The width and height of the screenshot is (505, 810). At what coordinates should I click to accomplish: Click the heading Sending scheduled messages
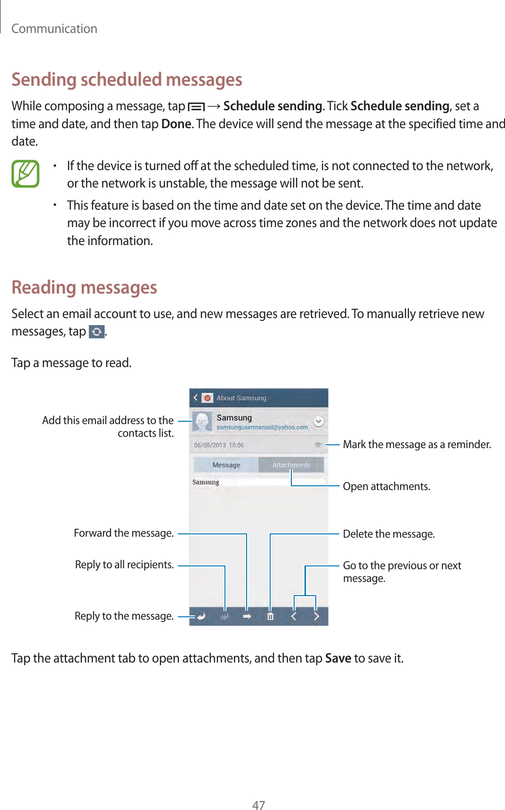[x=127, y=80]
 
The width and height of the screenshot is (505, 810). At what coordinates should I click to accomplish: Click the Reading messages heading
[x=84, y=287]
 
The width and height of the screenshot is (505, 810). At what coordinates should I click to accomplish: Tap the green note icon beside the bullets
[x=25, y=174]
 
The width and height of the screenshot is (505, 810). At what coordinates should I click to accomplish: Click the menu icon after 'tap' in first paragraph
[x=196, y=107]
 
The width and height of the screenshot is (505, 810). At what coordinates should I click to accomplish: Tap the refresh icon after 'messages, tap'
[x=96, y=332]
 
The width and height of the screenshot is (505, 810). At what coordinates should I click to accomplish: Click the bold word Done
[x=176, y=124]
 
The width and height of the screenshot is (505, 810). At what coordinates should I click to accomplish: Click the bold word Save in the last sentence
[x=338, y=658]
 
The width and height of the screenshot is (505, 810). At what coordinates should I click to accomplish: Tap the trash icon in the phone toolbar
[x=270, y=616]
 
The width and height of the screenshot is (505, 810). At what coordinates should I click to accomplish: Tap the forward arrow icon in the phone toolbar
[x=247, y=616]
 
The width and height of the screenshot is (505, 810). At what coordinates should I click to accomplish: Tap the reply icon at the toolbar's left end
[x=201, y=616]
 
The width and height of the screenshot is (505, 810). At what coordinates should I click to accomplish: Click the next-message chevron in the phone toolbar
[x=316, y=616]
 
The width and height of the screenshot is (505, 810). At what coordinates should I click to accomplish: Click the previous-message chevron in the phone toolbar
[x=294, y=616]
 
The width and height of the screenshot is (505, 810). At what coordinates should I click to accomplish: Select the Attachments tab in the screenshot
[x=291, y=465]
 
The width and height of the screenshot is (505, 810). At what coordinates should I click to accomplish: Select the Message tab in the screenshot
[x=226, y=465]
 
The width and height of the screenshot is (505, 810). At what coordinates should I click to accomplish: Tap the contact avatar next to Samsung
[x=202, y=421]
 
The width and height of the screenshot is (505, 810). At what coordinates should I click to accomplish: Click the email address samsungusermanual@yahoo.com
[x=262, y=427]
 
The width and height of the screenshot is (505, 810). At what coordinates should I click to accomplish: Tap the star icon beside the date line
[x=318, y=444]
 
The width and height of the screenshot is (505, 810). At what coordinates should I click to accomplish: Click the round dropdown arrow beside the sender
[x=319, y=421]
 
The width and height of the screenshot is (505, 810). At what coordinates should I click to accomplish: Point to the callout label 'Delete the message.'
[x=389, y=534]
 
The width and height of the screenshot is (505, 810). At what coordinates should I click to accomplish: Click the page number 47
[x=258, y=805]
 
